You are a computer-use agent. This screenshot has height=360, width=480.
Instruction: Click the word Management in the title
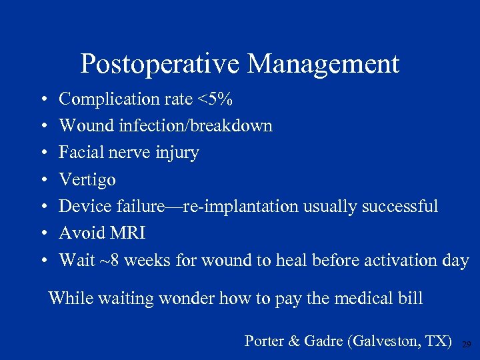point(323,65)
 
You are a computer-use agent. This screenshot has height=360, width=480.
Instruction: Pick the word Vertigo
point(87,180)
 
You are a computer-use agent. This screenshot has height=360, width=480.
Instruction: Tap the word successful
point(400,207)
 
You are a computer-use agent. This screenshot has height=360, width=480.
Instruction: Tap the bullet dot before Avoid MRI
point(42,234)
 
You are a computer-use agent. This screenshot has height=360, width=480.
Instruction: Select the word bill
point(411,298)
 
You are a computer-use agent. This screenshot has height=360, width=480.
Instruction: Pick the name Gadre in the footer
point(322,341)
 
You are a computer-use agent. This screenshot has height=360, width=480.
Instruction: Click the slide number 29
point(466,343)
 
